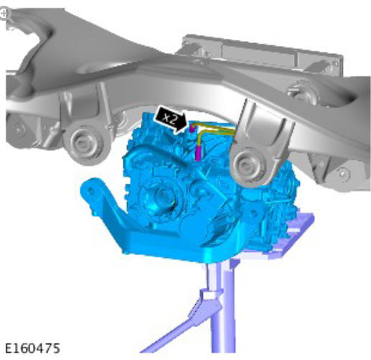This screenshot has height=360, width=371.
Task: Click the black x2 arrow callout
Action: (x=170, y=119)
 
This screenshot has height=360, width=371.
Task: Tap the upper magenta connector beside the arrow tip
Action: (x=192, y=129)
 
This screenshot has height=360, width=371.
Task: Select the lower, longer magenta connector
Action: (x=198, y=153)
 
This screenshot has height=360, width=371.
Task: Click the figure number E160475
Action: (x=32, y=348)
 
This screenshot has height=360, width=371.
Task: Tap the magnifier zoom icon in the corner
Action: (x=4, y=14)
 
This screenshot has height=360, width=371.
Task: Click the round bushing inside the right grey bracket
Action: (x=245, y=165)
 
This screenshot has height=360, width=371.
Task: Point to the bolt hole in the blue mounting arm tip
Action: (x=90, y=191)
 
